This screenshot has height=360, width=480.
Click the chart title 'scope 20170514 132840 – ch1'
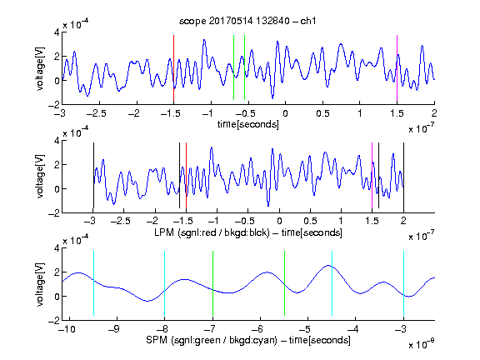[x=247, y=21]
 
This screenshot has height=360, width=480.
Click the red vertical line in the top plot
[x=173, y=68]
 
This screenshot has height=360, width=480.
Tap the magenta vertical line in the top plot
[x=397, y=68]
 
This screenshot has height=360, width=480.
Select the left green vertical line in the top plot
[x=234, y=67]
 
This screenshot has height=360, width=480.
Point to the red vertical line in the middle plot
[x=186, y=175]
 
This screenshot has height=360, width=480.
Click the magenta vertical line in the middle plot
[x=372, y=175]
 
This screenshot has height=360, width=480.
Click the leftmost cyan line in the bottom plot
[x=93, y=283]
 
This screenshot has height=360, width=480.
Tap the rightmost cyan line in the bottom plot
[x=403, y=283]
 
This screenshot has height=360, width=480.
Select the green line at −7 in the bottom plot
[x=212, y=283]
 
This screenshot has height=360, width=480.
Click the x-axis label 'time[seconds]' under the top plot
[x=248, y=124]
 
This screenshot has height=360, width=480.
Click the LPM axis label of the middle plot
[x=248, y=232]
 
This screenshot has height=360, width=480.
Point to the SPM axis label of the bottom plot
[x=248, y=340]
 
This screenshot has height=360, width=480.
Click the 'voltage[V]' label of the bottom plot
[x=40, y=284]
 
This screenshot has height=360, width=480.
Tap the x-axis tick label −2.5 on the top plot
[x=96, y=113]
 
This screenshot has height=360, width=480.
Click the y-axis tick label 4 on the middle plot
[x=57, y=141]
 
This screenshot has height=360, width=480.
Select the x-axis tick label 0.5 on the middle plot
[x=310, y=221]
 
